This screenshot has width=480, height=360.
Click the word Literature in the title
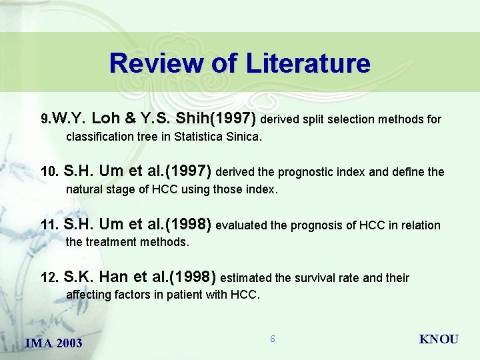point(308,63)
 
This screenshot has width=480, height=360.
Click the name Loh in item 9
point(105,119)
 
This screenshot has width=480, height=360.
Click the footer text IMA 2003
point(53,343)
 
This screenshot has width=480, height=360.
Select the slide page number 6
point(272,339)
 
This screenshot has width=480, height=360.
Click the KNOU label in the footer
point(438,339)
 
